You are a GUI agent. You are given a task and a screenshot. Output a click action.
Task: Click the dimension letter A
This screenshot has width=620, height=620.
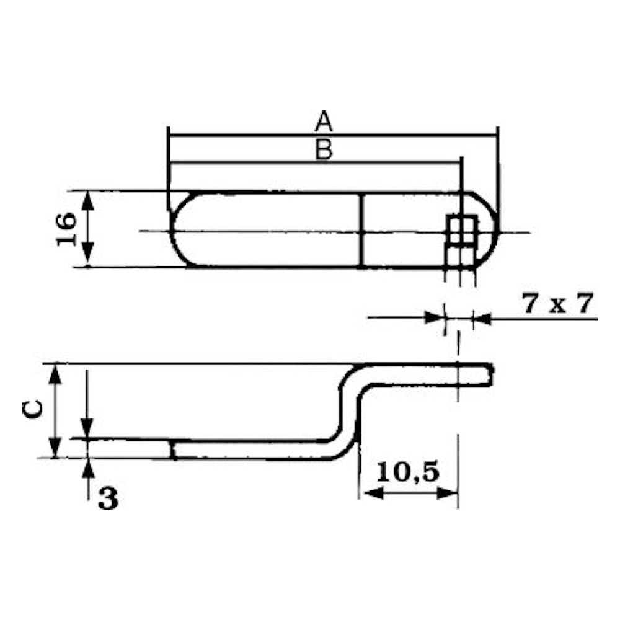point(324,122)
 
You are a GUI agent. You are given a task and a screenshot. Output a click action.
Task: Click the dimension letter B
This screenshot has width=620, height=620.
point(324,149)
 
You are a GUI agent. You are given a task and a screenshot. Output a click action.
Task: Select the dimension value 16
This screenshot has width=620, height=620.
point(66,229)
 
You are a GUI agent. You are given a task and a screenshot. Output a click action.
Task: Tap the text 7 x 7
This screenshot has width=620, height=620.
point(558,304)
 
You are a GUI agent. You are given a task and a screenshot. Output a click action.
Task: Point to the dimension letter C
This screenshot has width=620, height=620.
point(32,409)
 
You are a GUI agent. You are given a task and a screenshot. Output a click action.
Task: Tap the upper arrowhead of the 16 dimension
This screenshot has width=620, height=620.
point(88,200)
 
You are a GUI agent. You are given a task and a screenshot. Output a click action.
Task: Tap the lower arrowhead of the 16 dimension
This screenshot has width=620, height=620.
point(88,257)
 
